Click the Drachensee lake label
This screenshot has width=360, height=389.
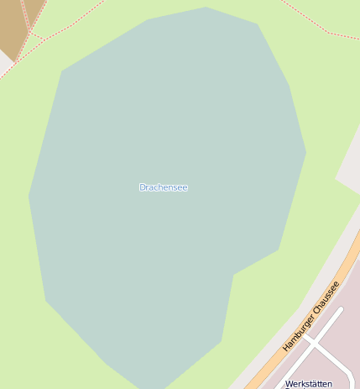163,187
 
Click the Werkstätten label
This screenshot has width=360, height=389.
309,384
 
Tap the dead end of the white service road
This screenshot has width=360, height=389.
342,309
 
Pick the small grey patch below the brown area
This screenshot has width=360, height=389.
4,60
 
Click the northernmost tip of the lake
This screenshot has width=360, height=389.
206,8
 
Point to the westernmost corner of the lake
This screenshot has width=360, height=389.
29,197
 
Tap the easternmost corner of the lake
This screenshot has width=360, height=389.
305,153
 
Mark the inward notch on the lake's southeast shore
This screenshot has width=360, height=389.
234,274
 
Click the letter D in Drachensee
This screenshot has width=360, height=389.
142,187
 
